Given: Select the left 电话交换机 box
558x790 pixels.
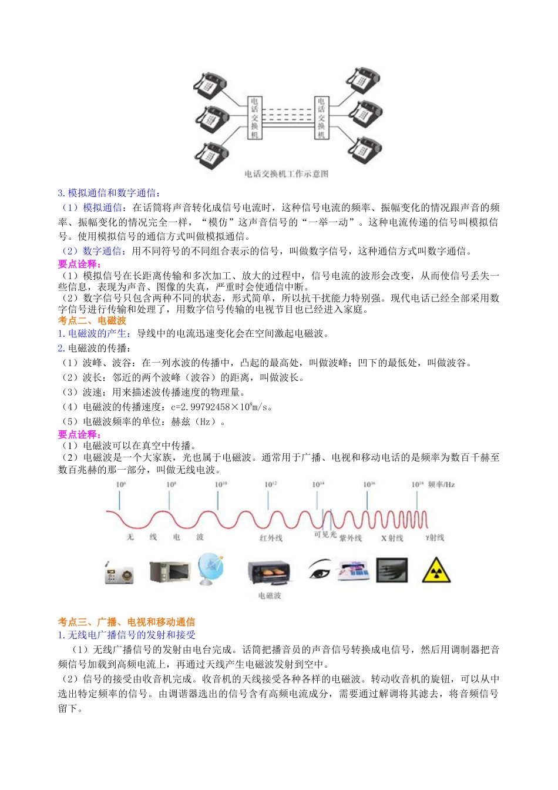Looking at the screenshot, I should (254, 118).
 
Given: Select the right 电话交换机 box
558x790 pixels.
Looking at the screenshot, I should (321, 118).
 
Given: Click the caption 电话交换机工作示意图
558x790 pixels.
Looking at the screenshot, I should (286, 174).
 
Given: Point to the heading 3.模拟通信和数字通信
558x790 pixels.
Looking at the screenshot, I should (109, 193).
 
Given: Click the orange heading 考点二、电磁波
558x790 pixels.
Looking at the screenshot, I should (92, 320).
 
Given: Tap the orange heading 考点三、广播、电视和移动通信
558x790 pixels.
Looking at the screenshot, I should (126, 622).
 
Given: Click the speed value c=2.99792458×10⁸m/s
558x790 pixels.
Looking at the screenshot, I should (221, 407).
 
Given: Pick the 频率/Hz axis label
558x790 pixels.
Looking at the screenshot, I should (442, 485).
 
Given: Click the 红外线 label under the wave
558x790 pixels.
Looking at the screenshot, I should (271, 538).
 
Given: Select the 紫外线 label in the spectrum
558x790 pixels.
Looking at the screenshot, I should (351, 538).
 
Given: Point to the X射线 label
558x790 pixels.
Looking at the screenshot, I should (392, 538).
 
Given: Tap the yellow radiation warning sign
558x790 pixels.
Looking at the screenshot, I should (436, 571).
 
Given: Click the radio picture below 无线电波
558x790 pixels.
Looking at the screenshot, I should (119, 573).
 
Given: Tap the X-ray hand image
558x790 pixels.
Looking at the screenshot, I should (392, 570).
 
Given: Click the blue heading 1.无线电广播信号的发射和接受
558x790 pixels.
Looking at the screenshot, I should (126, 635).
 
